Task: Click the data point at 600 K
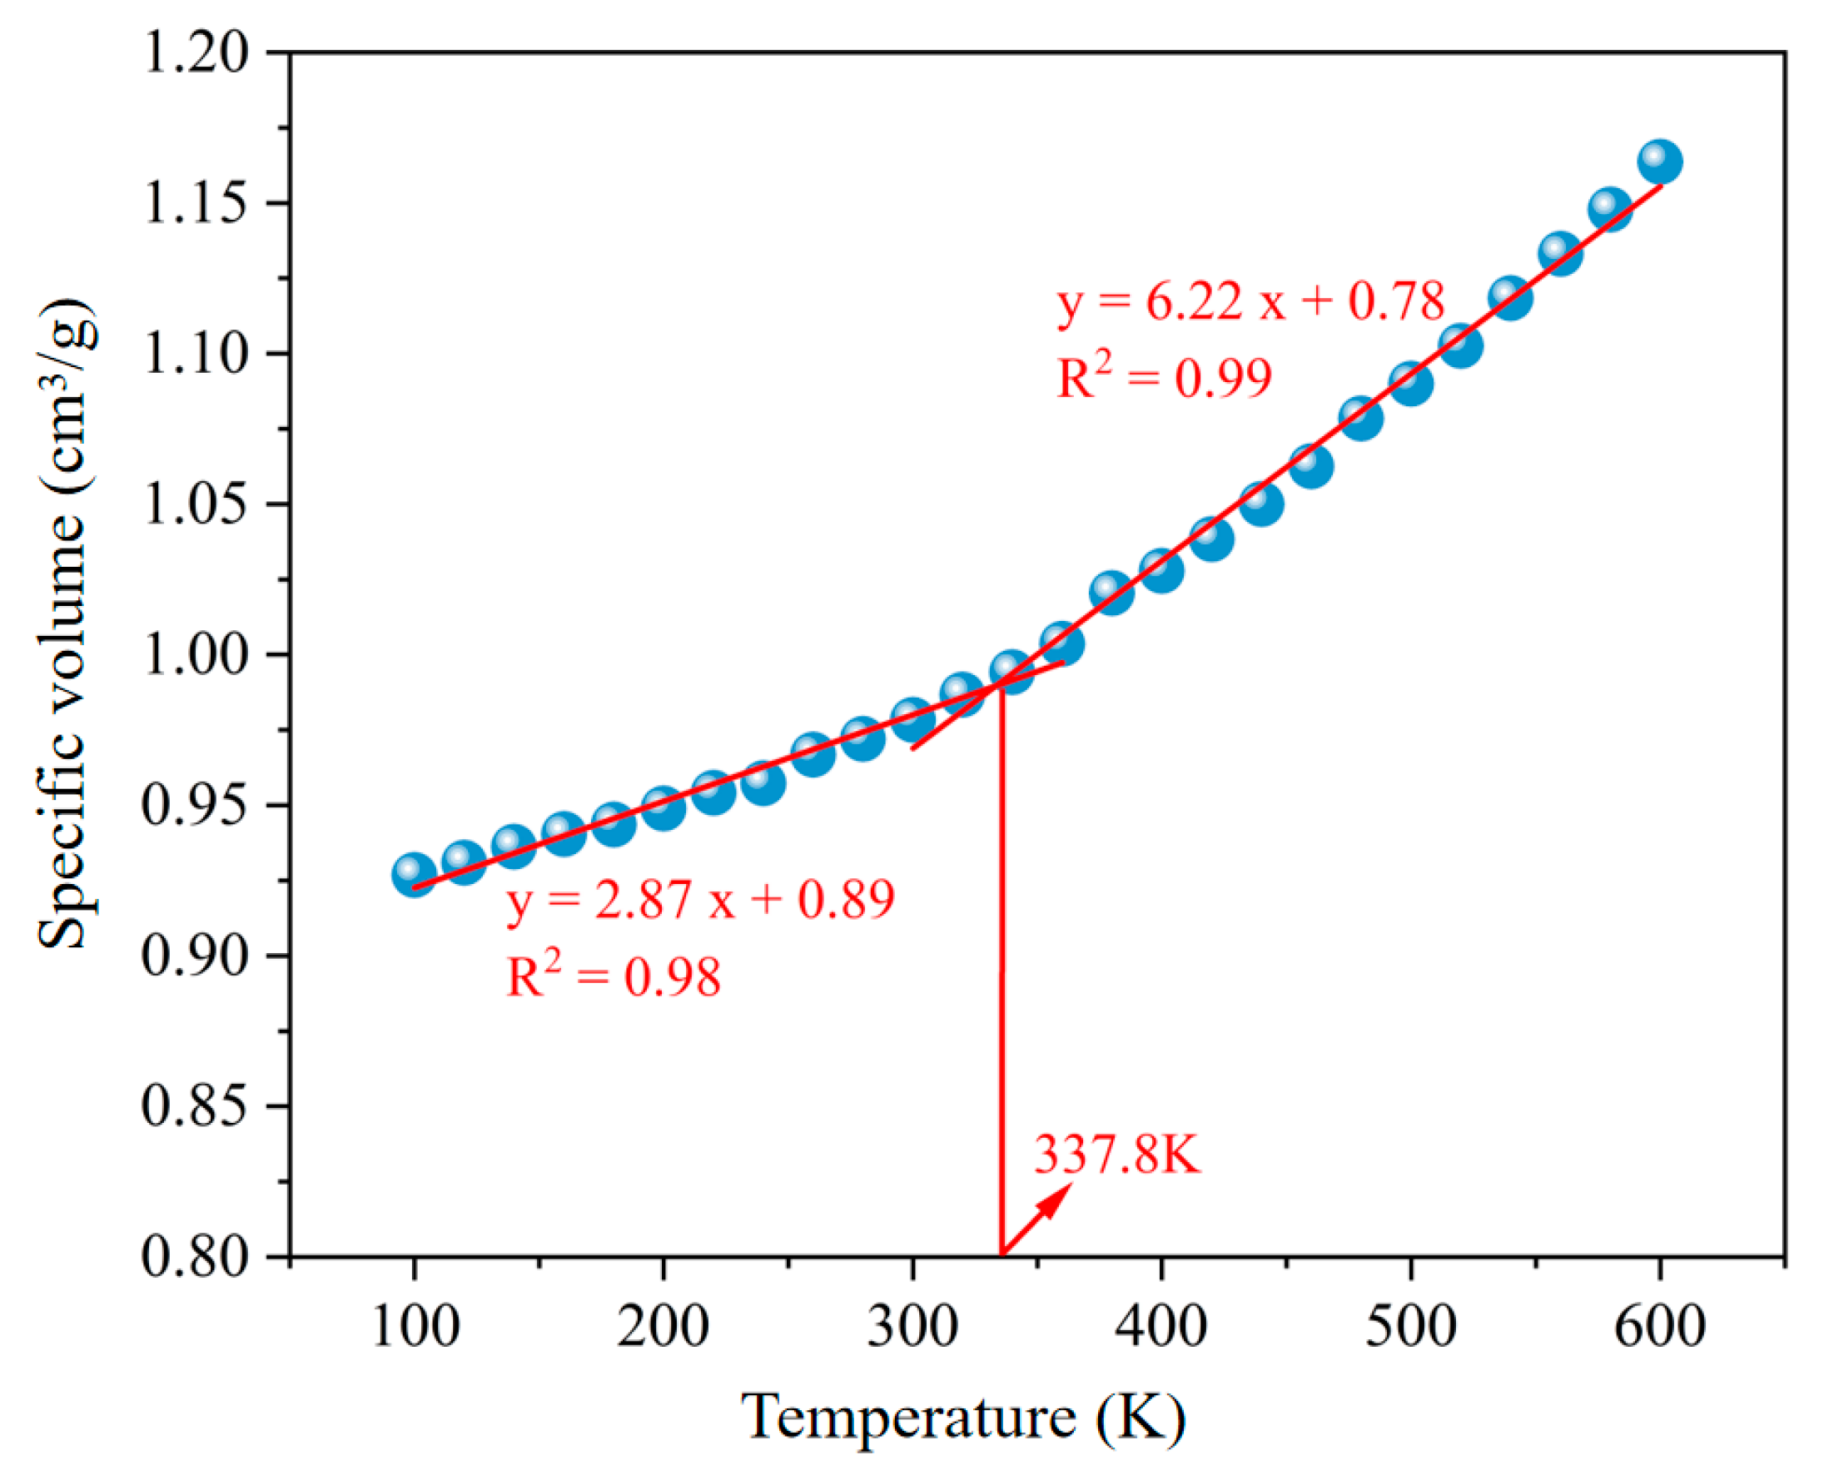pyautogui.click(x=1659, y=161)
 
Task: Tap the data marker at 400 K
pyautogui.click(x=1161, y=570)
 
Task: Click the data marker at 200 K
pyautogui.click(x=663, y=807)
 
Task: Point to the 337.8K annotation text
pyautogui.click(x=1116, y=1155)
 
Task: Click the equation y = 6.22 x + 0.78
pyautogui.click(x=1250, y=300)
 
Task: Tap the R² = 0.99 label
pyautogui.click(x=1163, y=377)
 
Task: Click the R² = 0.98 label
pyautogui.click(x=613, y=976)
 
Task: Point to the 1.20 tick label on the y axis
pyautogui.click(x=197, y=52)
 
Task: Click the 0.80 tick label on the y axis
pyautogui.click(x=197, y=1256)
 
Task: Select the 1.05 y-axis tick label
pyautogui.click(x=197, y=504)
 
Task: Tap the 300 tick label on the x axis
pyautogui.click(x=912, y=1326)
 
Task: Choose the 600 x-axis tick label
pyautogui.click(x=1659, y=1326)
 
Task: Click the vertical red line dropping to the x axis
pyautogui.click(x=1001, y=977)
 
